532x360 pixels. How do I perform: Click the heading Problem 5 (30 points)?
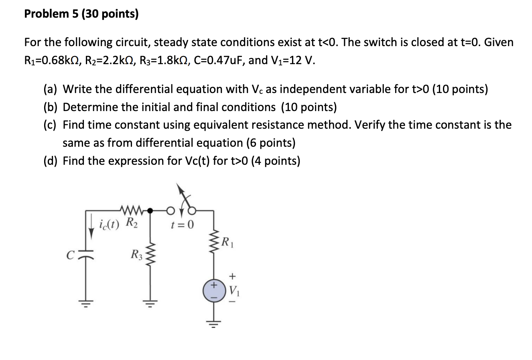tap(81, 14)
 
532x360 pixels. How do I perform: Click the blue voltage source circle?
tap(213, 291)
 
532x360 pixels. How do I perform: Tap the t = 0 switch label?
tap(182, 225)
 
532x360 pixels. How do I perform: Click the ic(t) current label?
tap(109, 224)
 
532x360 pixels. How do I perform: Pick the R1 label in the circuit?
tap(227, 242)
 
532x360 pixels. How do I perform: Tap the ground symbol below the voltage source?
tap(213, 323)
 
